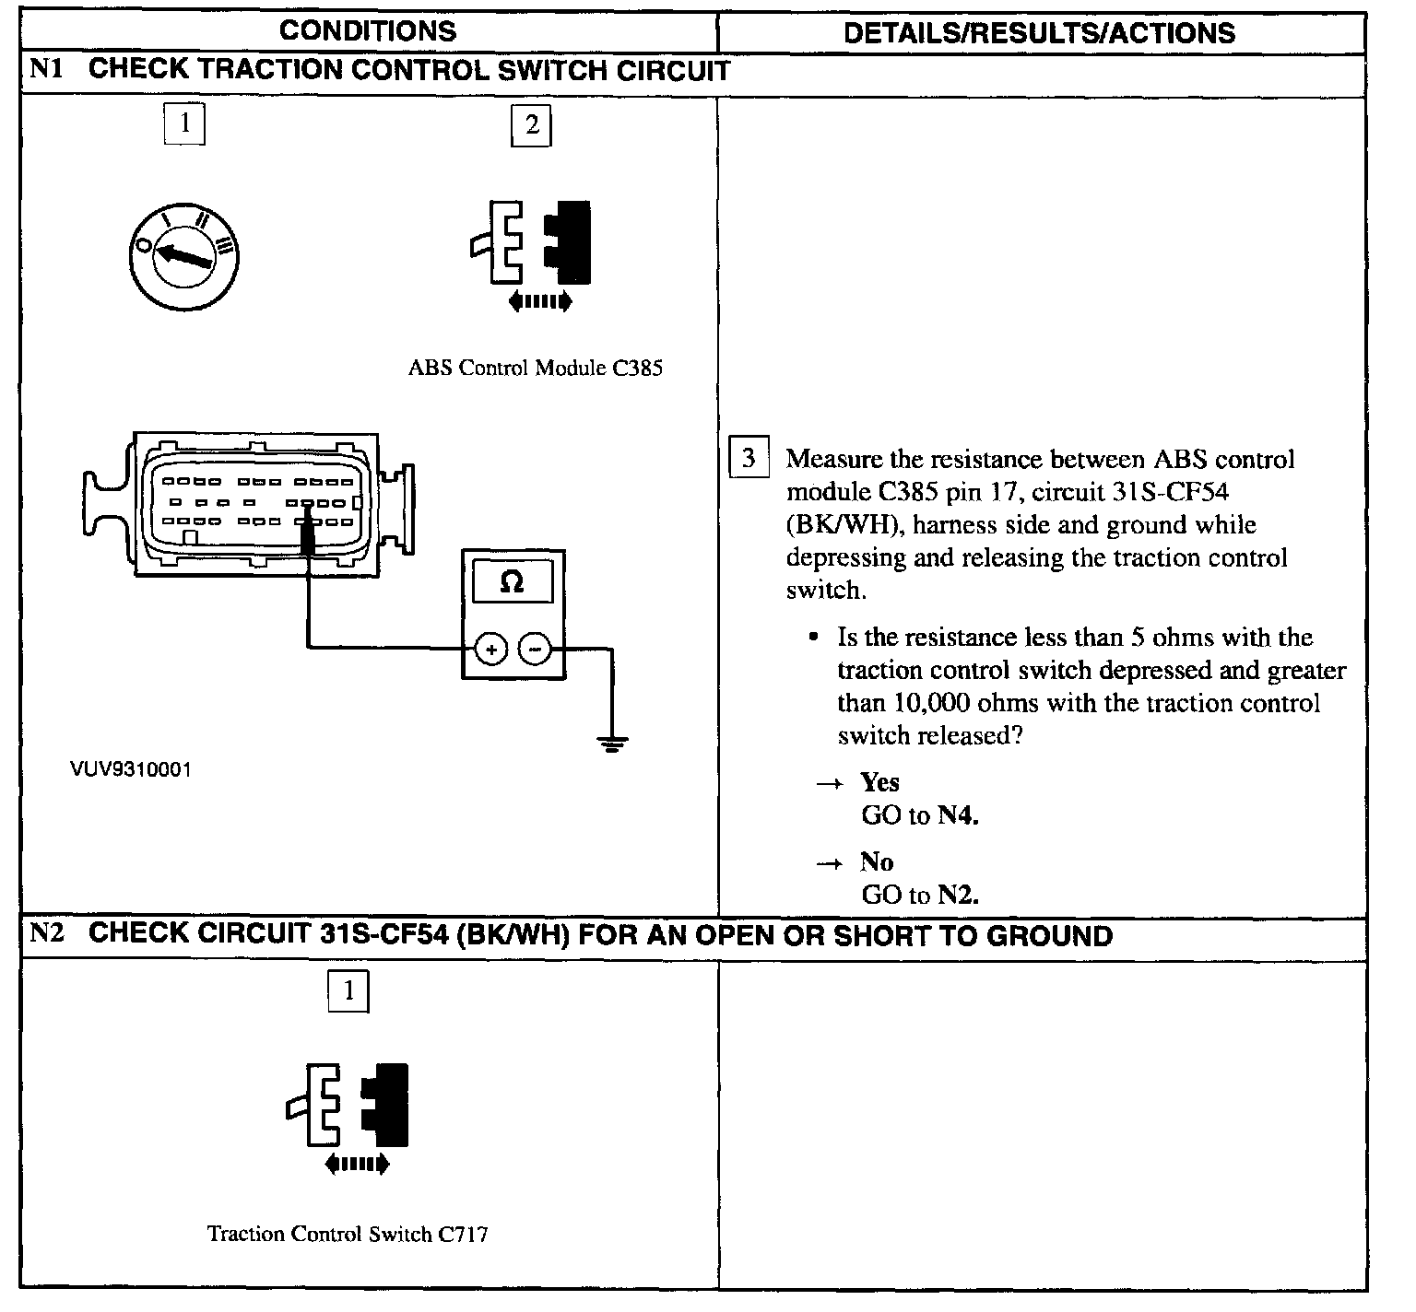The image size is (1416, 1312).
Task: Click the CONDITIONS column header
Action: pos(367,31)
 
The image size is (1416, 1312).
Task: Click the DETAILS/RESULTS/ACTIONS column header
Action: pos(1039,33)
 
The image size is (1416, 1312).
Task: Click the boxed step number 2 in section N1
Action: pos(531,125)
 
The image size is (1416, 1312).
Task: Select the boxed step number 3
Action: pos(749,458)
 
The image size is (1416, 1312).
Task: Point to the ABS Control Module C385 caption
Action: pos(535,369)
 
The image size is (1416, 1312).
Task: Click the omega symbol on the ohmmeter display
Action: pos(512,582)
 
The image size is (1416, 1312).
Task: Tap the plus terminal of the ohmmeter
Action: pos(491,650)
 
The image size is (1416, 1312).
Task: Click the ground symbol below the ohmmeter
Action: pos(611,743)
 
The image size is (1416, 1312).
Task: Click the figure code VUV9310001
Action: pos(131,769)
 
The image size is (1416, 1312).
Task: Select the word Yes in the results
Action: pos(879,782)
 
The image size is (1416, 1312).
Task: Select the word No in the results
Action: pos(877,861)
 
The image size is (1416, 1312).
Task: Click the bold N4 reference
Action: pos(958,815)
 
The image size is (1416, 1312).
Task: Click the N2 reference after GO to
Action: pos(958,895)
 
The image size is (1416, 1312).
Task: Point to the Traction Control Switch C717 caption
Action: pos(348,1234)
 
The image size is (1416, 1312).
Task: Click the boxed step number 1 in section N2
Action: pos(348,991)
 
